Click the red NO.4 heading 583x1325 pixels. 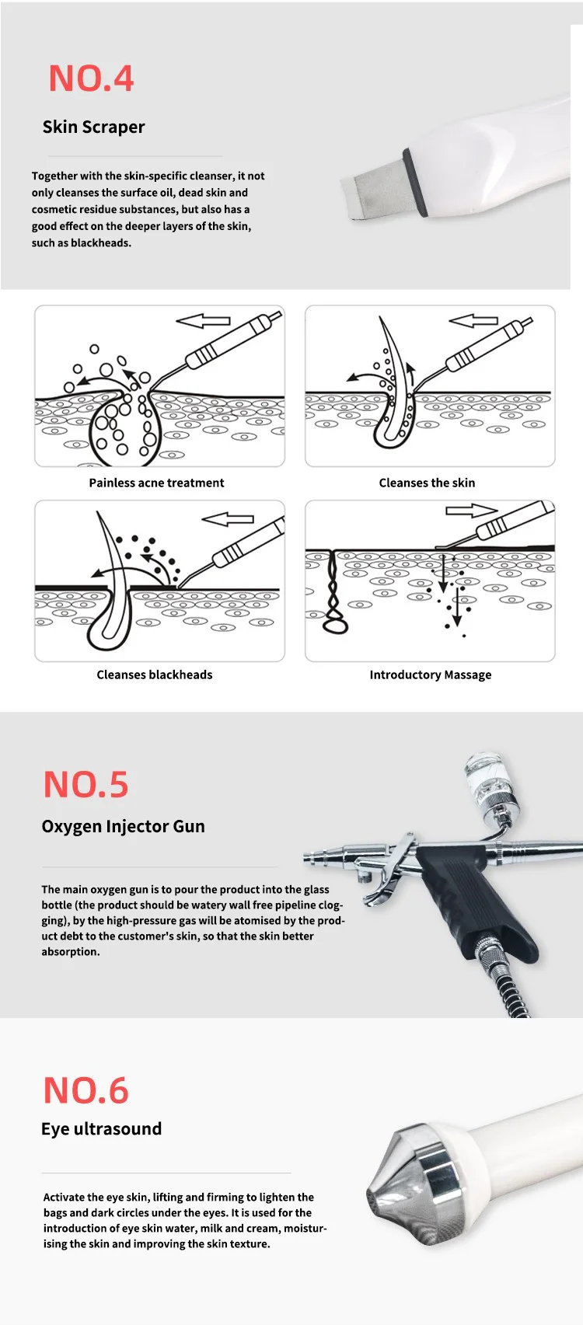91,78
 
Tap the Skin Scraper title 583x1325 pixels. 93,127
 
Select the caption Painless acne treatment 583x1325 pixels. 156,483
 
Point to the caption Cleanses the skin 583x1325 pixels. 427,483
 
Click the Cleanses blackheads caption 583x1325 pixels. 155,675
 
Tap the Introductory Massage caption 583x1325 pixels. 431,675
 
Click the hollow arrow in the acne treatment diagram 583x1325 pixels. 203,321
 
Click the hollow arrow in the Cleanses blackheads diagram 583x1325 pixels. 228,519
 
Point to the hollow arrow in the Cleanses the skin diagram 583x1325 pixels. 473,321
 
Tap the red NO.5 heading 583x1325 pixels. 86,784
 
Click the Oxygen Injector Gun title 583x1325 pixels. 123,826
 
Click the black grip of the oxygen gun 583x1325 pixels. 473,899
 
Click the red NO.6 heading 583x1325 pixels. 86,1090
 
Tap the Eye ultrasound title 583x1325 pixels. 101,1128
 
